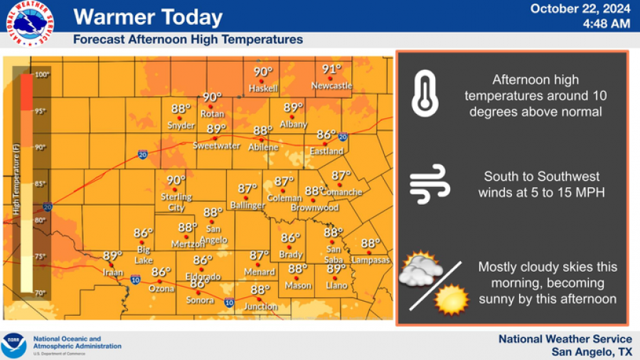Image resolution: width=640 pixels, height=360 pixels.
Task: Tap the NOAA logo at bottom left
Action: [x=14, y=345]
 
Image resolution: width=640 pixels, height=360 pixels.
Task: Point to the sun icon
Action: [x=452, y=299]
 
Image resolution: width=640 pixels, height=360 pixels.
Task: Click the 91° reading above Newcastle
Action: [x=331, y=70]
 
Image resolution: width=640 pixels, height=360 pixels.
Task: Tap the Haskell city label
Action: [x=263, y=88]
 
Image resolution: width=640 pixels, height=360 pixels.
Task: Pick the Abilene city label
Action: [x=263, y=147]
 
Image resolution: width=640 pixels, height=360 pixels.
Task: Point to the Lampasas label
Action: [x=370, y=260]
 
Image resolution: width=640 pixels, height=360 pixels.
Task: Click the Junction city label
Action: [x=260, y=307]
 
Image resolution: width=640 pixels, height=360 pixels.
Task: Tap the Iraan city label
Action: [x=112, y=272]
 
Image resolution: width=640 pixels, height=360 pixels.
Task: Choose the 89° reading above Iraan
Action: [x=112, y=256]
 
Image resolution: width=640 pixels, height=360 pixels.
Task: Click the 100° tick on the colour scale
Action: [x=41, y=75]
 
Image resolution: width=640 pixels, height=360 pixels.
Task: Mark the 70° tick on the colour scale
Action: [x=41, y=292]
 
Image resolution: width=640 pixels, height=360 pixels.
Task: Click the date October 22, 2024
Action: [x=580, y=9]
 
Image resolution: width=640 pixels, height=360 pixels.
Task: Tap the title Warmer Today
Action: [x=148, y=16]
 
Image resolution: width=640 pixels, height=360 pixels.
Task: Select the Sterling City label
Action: [x=176, y=202]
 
